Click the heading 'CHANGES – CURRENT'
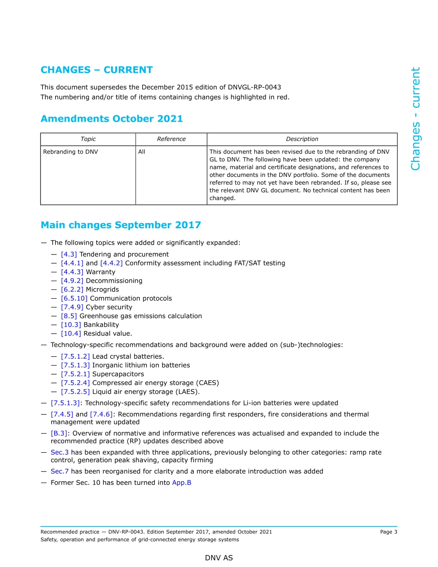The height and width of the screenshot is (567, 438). click(x=96, y=70)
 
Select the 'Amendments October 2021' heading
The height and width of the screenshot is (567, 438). click(x=112, y=119)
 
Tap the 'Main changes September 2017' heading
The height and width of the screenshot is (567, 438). click(x=121, y=225)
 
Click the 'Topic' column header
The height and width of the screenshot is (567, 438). click(x=88, y=139)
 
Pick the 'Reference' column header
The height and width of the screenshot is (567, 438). click(x=171, y=139)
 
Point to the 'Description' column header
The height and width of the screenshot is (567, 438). click(x=302, y=139)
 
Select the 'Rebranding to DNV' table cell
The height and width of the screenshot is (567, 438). click(x=71, y=152)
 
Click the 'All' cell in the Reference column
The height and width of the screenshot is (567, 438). click(x=142, y=152)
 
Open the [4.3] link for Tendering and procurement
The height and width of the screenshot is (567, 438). click(x=69, y=254)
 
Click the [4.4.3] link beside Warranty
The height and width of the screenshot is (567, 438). click(x=72, y=272)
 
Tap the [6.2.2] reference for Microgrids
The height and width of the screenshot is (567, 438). click(x=72, y=289)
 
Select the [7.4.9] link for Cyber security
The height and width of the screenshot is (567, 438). click(x=72, y=307)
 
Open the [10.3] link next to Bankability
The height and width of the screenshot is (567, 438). click(x=71, y=325)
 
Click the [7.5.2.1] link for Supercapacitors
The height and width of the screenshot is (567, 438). click(x=75, y=374)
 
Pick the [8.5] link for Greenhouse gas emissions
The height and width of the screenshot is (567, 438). click(x=69, y=316)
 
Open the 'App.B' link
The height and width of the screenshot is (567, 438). click(x=182, y=483)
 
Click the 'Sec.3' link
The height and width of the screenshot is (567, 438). click(x=59, y=452)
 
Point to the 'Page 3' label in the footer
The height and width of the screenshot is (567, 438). click(x=388, y=532)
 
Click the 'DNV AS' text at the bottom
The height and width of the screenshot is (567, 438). click(x=219, y=558)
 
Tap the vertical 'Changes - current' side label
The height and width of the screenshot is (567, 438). click(x=415, y=119)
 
